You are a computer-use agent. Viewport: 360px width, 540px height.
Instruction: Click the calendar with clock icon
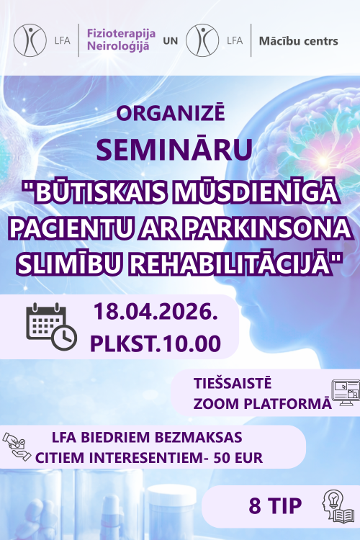coord(51,325)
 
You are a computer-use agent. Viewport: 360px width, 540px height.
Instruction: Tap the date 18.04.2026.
coord(156,312)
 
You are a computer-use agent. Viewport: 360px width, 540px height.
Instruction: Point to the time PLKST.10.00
coord(156,343)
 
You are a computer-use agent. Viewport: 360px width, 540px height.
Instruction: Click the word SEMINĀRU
coord(174,149)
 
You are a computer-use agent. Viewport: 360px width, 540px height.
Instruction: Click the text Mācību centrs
coord(298,41)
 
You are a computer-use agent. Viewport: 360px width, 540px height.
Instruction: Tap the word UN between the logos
coord(170,41)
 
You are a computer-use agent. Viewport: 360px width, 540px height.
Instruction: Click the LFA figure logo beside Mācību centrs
coord(202,40)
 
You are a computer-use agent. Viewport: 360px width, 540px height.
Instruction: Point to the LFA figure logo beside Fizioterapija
coord(29,40)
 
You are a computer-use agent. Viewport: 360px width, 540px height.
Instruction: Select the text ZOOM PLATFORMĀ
coord(262,402)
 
